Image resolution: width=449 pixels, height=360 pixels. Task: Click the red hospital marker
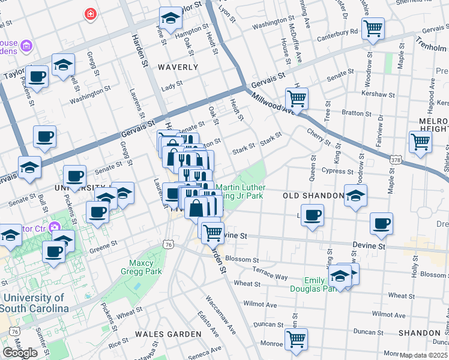pos(91,13)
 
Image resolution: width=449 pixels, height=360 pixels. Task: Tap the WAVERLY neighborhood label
pos(178,67)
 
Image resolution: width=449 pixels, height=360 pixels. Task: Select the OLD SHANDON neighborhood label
pos(307,196)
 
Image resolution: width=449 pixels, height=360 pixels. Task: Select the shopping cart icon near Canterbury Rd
pos(373,28)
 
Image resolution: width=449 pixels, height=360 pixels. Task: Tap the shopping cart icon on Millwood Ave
pos(297,97)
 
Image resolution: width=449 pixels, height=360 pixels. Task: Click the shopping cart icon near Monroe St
pos(296,339)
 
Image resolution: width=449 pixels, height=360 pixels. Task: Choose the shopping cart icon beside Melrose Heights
pos(420,142)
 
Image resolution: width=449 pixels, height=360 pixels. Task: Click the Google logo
pos(20,352)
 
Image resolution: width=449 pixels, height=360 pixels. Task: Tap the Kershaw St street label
pos(378,95)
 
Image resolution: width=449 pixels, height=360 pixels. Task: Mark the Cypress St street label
pos(337,170)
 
